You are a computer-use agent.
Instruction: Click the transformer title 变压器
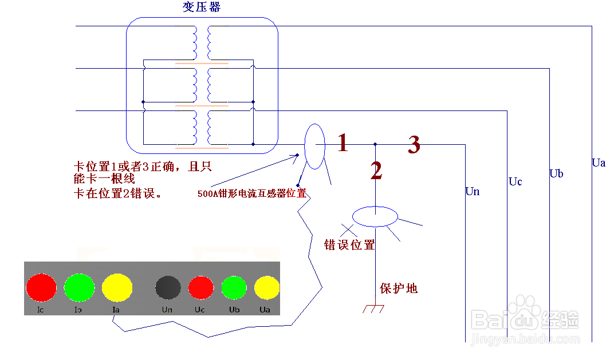click(201, 7)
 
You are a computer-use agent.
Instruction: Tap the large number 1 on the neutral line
click(343, 143)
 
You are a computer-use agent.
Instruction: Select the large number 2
click(376, 171)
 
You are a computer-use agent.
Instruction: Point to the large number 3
click(414, 145)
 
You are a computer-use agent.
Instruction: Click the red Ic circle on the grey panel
click(41, 287)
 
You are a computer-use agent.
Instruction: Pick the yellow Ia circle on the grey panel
click(117, 287)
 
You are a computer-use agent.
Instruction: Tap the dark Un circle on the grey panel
click(168, 287)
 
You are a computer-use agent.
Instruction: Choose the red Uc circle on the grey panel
click(200, 287)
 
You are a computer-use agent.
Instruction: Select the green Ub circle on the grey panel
click(234, 287)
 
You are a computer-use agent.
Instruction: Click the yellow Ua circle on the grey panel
click(266, 287)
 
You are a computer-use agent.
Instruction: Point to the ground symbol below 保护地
click(373, 309)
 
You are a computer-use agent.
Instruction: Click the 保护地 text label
click(399, 288)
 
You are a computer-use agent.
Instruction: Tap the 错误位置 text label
click(349, 245)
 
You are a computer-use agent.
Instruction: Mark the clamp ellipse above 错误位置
click(375, 217)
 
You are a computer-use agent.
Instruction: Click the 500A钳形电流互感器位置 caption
click(251, 193)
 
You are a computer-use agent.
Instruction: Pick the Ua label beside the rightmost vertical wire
click(599, 163)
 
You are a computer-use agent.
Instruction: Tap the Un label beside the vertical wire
click(473, 192)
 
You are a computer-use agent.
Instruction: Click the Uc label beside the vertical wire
click(515, 182)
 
